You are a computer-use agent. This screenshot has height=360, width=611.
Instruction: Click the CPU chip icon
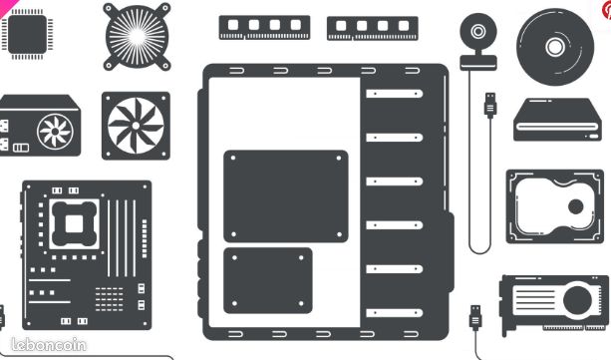click(27, 34)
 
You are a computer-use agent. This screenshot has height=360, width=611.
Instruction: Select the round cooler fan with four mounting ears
click(137, 37)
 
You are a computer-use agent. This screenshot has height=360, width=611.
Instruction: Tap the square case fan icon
click(136, 126)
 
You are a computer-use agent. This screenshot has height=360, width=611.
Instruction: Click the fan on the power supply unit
click(55, 132)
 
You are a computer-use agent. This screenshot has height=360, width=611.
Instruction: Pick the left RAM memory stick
click(264, 27)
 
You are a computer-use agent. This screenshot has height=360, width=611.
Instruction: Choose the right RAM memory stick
click(373, 28)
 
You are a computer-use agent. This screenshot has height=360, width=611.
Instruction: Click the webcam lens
click(478, 31)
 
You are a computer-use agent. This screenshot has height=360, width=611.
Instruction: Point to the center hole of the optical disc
click(555, 47)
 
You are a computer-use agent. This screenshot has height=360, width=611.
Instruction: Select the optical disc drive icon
click(557, 120)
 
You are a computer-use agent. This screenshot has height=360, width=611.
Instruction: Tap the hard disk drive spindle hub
click(575, 206)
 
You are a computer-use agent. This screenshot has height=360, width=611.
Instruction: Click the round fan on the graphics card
click(577, 301)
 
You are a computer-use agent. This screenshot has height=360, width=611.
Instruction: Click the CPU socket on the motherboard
click(74, 224)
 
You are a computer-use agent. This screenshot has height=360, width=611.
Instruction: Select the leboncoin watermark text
click(48, 345)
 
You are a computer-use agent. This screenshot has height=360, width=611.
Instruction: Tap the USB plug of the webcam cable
click(490, 105)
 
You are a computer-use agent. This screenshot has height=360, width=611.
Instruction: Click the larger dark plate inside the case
click(286, 196)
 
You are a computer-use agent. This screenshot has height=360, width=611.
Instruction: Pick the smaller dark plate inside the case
click(268, 280)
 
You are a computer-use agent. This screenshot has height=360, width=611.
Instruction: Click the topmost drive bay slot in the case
click(395, 94)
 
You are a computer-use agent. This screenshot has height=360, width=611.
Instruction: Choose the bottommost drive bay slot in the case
click(395, 313)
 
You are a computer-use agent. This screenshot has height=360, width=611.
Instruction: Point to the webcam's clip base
click(478, 63)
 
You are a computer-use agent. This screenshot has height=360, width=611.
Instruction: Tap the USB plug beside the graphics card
click(475, 317)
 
